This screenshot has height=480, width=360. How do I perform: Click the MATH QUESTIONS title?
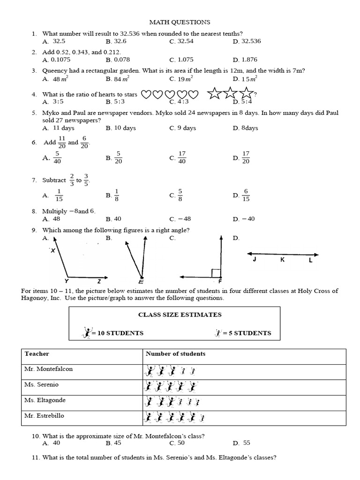click(180, 22)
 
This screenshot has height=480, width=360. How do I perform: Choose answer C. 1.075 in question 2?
click(180, 60)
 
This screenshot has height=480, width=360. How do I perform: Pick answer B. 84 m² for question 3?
click(117, 79)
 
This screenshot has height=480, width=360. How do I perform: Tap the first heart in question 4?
click(146, 95)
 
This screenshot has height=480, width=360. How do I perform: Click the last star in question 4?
click(245, 94)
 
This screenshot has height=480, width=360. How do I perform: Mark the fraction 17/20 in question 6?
click(246, 157)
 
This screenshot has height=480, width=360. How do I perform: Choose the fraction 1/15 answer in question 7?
click(59, 195)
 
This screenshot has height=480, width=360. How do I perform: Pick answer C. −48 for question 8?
click(181, 219)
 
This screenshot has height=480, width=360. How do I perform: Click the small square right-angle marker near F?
click(216, 273)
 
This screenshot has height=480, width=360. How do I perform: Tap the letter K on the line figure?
click(283, 260)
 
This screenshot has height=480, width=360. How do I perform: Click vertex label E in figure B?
click(141, 282)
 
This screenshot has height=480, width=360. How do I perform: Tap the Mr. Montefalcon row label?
click(48, 369)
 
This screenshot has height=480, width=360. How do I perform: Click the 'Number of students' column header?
click(175, 354)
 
